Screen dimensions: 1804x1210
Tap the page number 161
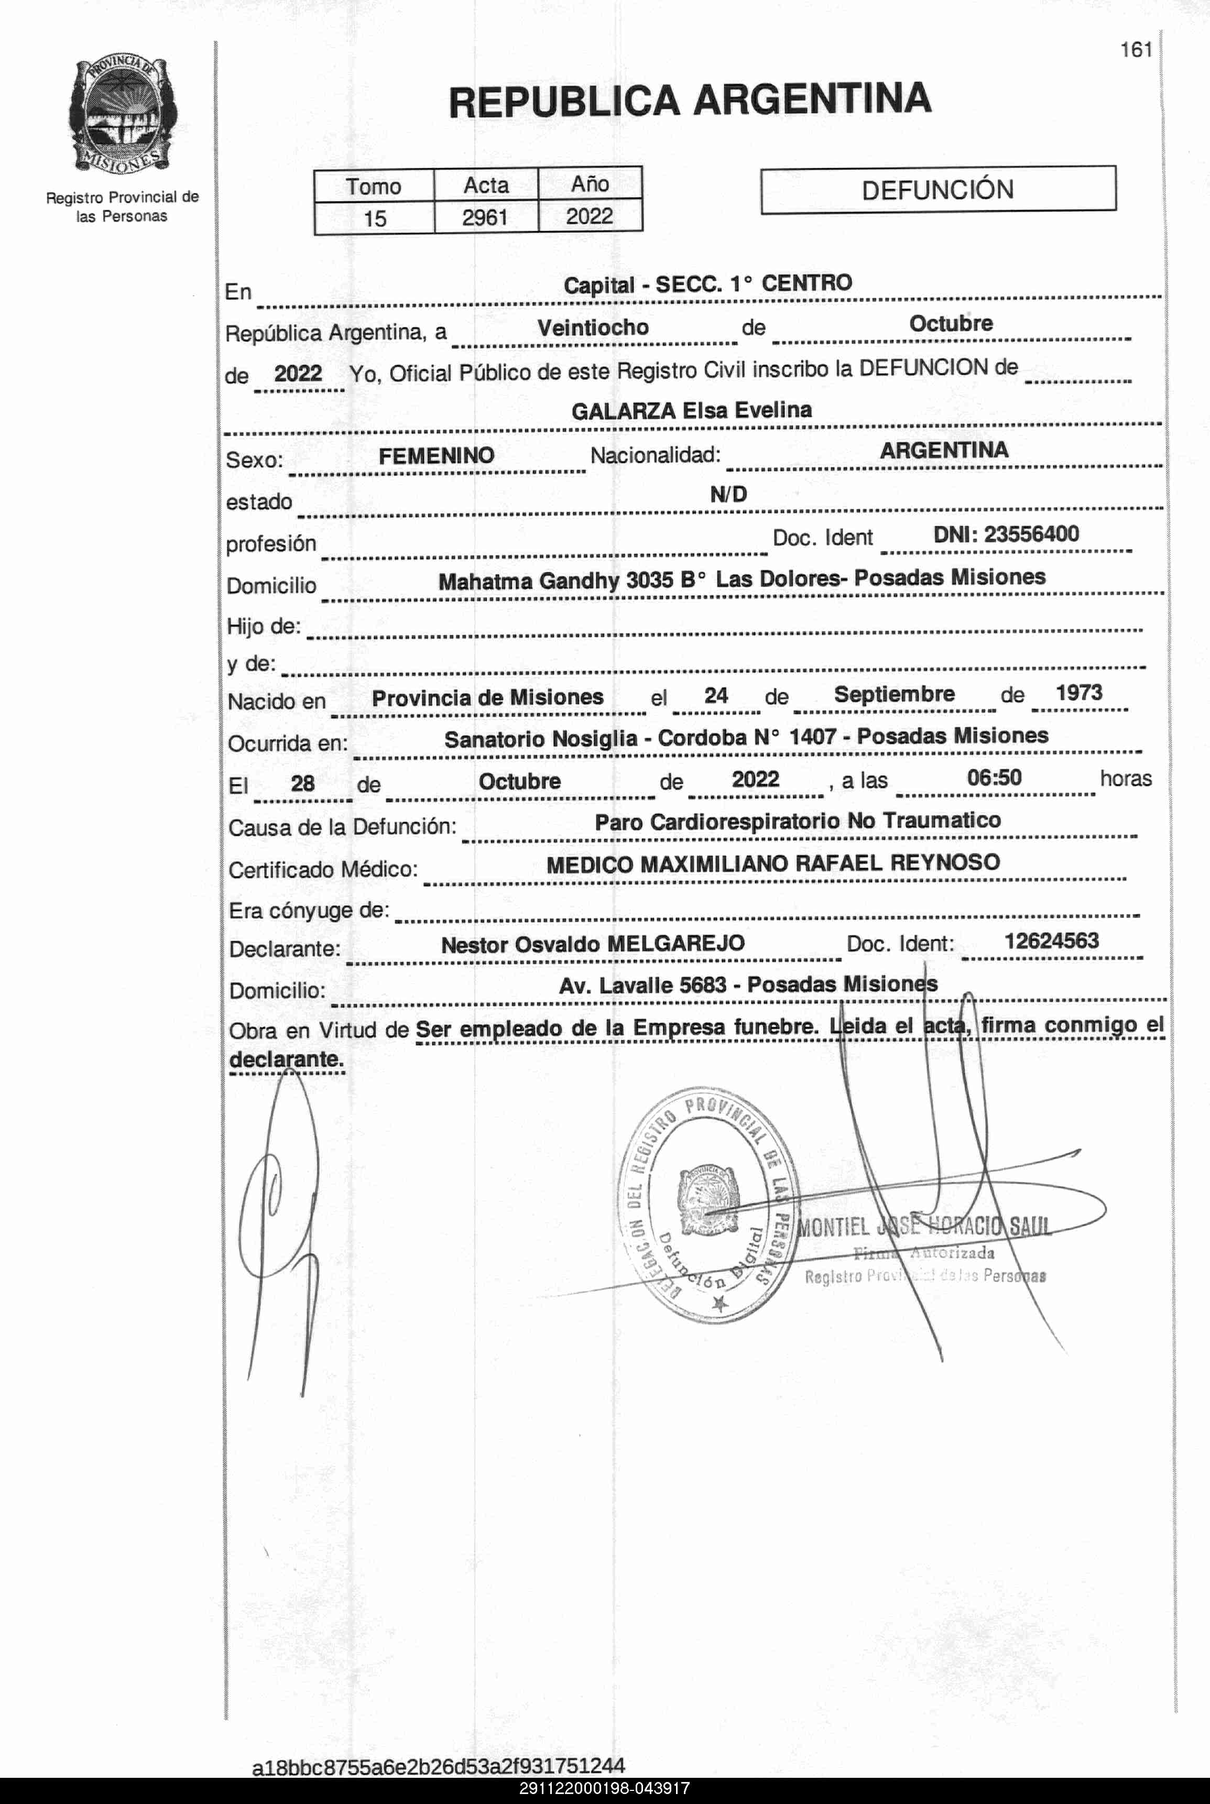pyautogui.click(x=1136, y=50)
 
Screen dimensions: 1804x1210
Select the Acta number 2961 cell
pyautogui.click(x=485, y=217)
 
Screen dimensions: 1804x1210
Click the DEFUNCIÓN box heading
pyautogui.click(x=938, y=190)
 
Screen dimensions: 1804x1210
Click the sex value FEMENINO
pyautogui.click(x=436, y=456)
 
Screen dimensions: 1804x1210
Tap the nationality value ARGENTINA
pyautogui.click(x=944, y=451)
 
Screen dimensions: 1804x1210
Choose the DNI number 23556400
pyautogui.click(x=1031, y=534)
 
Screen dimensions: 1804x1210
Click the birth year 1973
pyautogui.click(x=1079, y=693)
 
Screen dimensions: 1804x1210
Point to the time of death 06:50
pyautogui.click(x=994, y=777)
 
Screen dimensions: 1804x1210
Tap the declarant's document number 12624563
pyautogui.click(x=1051, y=941)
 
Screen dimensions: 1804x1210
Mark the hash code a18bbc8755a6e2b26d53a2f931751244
pyautogui.click(x=438, y=1765)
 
